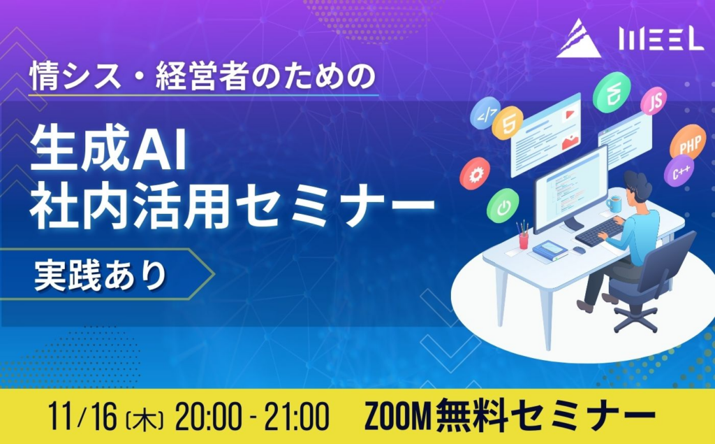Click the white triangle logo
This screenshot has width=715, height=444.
[x=578, y=40]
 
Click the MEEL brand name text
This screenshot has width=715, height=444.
[x=661, y=39]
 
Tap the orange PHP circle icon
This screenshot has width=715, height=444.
[x=688, y=143]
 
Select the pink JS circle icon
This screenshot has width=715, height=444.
[x=654, y=101]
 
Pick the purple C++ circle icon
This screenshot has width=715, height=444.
[x=679, y=171]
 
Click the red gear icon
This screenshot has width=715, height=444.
[x=475, y=173]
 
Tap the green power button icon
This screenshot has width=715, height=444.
[x=503, y=206]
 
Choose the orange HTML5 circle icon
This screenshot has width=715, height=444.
[x=507, y=122]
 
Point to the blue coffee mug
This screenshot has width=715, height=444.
[x=614, y=203]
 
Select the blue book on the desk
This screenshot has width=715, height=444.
[x=550, y=250]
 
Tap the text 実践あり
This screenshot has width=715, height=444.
[x=101, y=276]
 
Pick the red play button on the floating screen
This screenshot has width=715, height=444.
[x=569, y=114]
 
